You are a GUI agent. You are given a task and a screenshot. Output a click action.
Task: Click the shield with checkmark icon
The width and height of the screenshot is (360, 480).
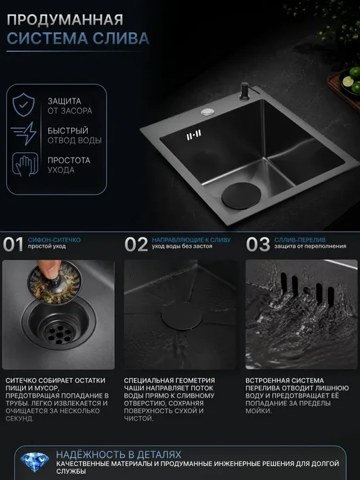pyautogui.click(x=24, y=105)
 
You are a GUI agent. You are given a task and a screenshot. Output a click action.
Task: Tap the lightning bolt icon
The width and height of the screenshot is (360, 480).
pyautogui.click(x=24, y=134)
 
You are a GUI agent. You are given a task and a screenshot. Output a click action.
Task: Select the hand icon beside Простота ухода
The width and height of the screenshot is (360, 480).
pyautogui.click(x=25, y=165)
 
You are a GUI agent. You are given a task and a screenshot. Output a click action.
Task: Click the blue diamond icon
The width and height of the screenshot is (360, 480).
pyautogui.click(x=35, y=462)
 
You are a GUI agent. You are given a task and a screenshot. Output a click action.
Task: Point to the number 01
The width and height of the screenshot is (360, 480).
pyautogui.click(x=13, y=244)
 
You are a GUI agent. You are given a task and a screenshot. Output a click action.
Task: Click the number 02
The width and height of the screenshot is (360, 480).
pyautogui.click(x=136, y=244)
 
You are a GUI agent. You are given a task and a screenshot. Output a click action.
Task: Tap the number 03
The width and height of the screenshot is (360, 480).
pyautogui.click(x=258, y=244)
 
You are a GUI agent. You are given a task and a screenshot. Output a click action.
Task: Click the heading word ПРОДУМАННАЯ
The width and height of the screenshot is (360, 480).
pyautogui.click(x=65, y=20)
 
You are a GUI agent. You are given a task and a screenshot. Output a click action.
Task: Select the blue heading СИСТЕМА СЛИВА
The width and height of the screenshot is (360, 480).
pyautogui.click(x=78, y=38)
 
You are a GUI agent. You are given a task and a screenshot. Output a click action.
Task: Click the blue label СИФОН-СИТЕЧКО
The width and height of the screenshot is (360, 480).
pyautogui.click(x=54, y=240)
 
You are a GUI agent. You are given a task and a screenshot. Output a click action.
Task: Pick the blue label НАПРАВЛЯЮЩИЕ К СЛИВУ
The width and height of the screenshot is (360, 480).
pyautogui.click(x=191, y=240)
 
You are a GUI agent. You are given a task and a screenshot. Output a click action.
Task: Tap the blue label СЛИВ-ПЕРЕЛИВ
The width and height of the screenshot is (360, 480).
pyautogui.click(x=300, y=240)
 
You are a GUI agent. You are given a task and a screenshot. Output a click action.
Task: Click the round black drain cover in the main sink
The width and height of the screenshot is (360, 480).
pyautogui.click(x=241, y=196)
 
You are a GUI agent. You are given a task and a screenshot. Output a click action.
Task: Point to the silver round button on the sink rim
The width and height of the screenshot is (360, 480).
pyautogui.click(x=207, y=112)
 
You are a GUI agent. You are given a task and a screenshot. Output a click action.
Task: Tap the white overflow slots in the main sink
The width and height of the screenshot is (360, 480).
pyautogui.click(x=194, y=135)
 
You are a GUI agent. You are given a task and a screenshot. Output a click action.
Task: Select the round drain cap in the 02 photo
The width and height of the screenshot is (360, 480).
pyautogui.click(x=182, y=317)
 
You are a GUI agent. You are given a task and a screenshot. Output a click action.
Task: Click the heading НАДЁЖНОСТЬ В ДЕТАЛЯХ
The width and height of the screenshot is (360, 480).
pyautogui.click(x=119, y=454)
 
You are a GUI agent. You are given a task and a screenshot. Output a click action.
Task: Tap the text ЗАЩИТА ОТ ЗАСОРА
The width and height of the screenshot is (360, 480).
pyautogui.click(x=70, y=106)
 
